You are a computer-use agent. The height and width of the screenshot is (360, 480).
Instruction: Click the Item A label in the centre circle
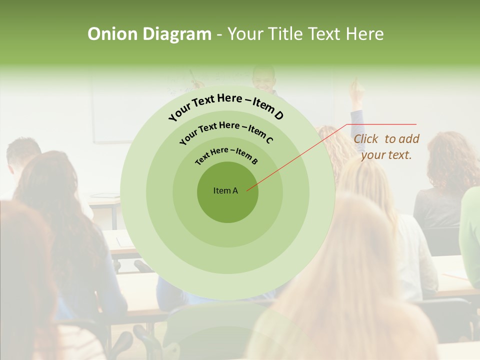[x=225, y=190]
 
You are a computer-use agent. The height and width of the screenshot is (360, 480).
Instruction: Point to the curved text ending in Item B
[x=226, y=155]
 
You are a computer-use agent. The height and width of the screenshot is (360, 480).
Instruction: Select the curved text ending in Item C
[x=226, y=131]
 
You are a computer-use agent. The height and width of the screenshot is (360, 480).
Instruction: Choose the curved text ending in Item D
[x=226, y=105]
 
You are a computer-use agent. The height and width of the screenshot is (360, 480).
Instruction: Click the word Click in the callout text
[x=366, y=139]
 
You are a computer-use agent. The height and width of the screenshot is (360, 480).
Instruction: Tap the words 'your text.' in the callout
[x=386, y=155]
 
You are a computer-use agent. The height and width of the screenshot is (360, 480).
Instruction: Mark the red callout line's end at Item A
[x=247, y=189]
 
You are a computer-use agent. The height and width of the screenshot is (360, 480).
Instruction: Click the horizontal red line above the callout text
[x=382, y=124]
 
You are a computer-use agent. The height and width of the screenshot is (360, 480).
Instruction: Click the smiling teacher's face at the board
[x=263, y=78]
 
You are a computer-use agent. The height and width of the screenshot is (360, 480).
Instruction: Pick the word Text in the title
[x=323, y=34]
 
